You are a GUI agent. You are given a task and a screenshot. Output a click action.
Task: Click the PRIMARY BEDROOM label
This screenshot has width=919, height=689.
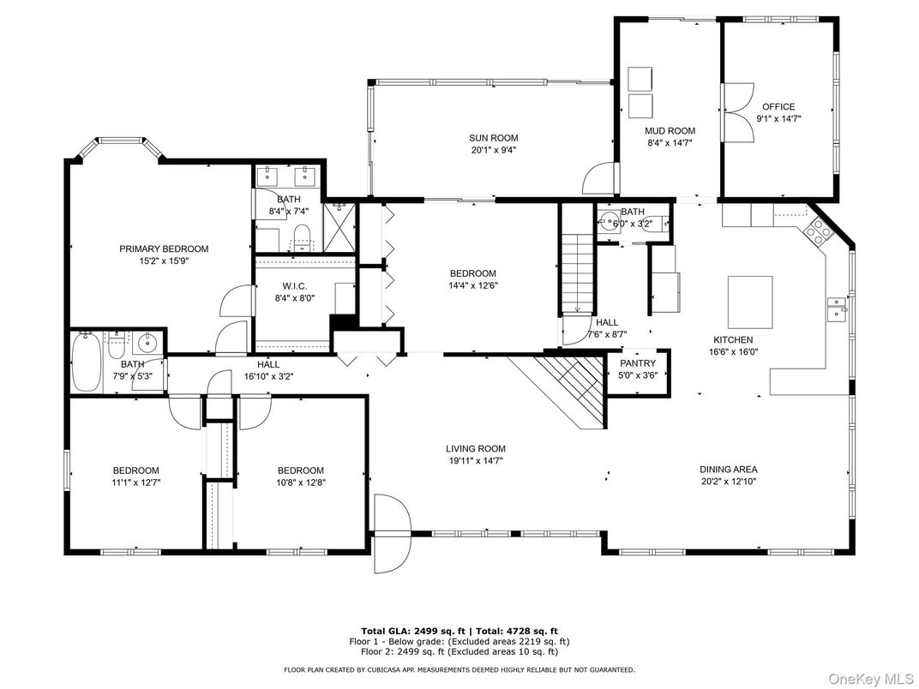point(164,249)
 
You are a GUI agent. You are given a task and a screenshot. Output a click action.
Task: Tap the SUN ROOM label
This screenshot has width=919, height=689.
point(494,138)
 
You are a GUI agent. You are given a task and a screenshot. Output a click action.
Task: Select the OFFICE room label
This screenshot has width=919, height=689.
point(778,106)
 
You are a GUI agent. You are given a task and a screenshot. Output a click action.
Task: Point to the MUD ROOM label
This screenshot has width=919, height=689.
point(670,130)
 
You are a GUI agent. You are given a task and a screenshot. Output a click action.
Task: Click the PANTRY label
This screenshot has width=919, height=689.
point(638,363)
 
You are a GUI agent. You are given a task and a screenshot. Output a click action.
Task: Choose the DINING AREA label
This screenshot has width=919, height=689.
point(729,470)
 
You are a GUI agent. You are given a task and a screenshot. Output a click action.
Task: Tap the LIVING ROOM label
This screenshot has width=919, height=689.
point(475,449)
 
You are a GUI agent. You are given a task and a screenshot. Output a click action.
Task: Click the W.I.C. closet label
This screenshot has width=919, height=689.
point(294,286)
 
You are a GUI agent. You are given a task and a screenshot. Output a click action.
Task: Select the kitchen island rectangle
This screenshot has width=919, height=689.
point(750,303)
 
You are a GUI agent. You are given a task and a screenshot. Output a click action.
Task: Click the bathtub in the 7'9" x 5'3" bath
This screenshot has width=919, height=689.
point(86,362)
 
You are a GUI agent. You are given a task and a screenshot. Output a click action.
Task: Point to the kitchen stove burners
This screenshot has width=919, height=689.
point(820,229)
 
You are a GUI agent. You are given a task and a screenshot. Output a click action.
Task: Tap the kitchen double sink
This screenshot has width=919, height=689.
point(837,309)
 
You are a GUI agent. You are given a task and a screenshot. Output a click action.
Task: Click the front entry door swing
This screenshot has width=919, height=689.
point(392,534)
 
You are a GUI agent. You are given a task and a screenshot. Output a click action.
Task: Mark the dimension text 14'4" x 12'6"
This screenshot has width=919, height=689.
point(473,286)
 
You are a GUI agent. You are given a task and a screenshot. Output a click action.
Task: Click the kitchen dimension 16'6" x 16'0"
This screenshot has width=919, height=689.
point(733,352)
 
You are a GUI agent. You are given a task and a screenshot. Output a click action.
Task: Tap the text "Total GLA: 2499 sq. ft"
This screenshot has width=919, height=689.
point(413,631)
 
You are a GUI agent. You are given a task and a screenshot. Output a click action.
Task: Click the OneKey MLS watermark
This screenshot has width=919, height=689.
point(871,679)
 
